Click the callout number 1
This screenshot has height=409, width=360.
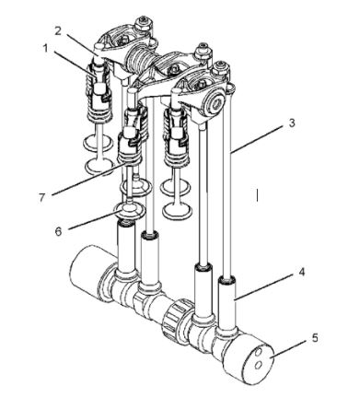(x=46, y=49)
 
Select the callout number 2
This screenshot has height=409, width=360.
(x=59, y=30)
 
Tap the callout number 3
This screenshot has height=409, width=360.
(x=292, y=123)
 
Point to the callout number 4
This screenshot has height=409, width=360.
(x=302, y=272)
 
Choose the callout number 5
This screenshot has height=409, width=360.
(x=316, y=338)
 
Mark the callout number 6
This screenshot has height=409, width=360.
(x=58, y=231)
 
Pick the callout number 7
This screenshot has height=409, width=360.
(x=42, y=197)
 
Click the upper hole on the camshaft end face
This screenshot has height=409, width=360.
(x=260, y=351)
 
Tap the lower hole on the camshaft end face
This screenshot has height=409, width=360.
(x=259, y=365)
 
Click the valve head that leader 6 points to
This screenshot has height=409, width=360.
(x=129, y=211)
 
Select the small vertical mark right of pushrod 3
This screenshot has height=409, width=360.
(x=258, y=195)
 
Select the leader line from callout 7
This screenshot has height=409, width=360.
(x=89, y=179)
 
